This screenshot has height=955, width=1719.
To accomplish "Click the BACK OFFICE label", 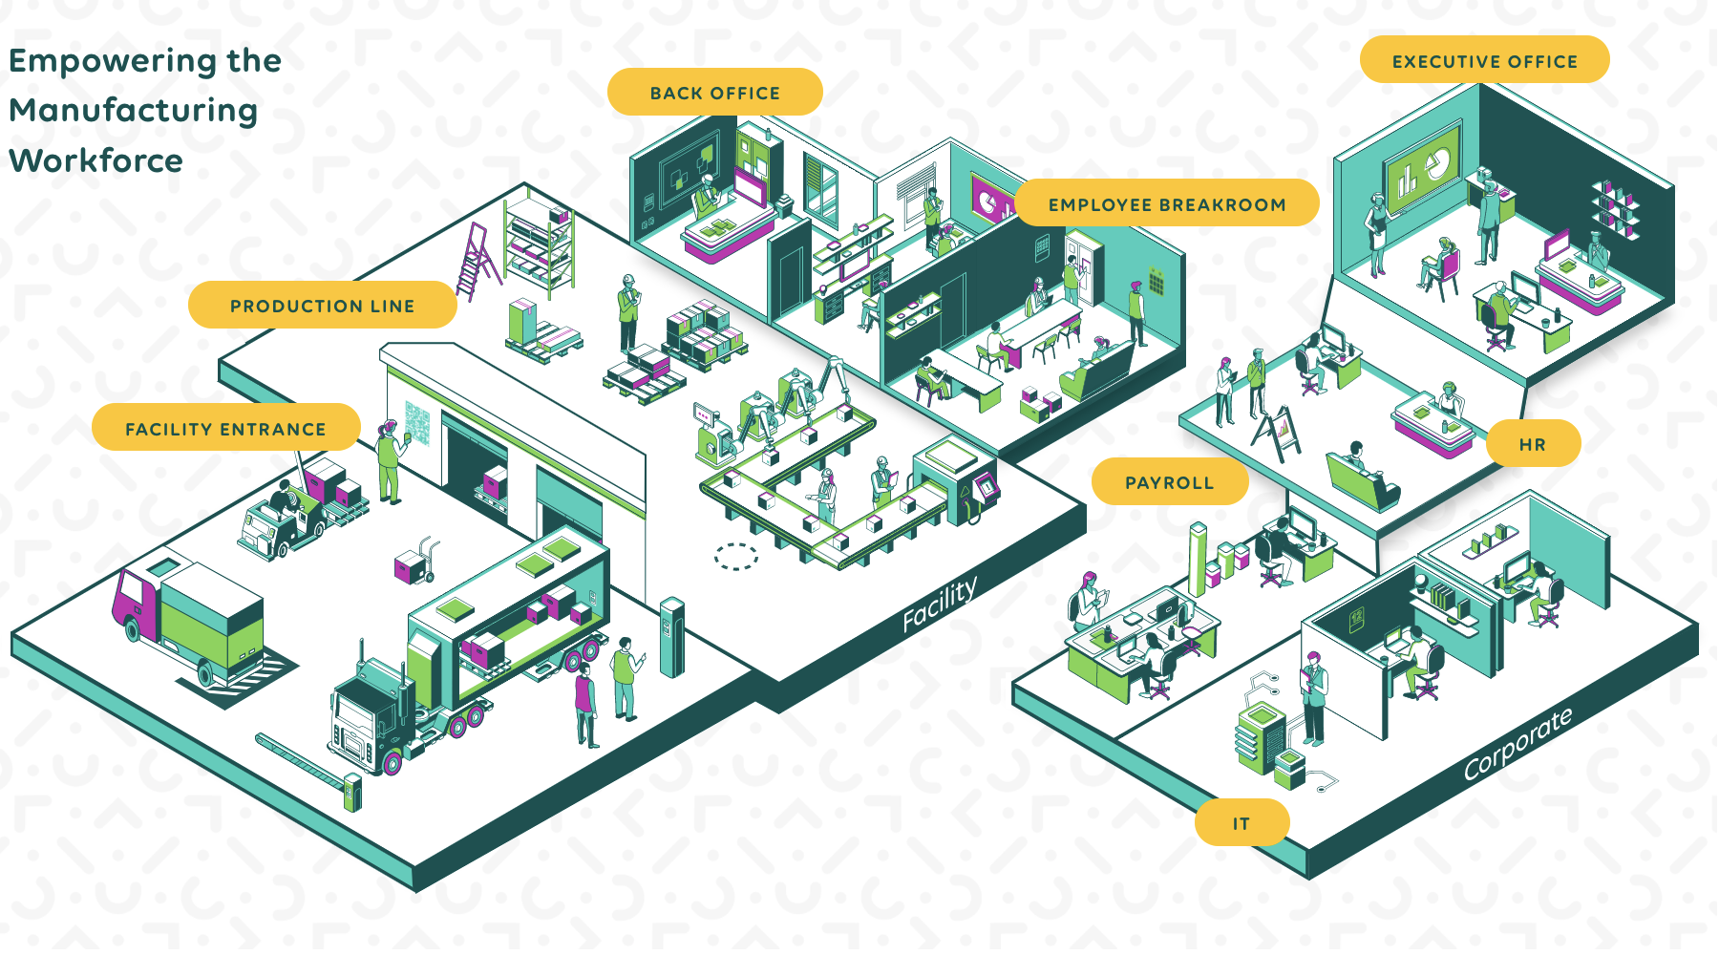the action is point(714,93).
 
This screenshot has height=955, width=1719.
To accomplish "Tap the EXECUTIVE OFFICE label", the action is point(1484,61).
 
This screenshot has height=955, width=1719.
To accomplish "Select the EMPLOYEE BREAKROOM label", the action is point(1166,204).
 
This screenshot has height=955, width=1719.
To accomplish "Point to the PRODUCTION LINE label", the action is point(322,306).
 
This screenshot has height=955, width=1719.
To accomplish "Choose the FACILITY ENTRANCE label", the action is point(225,429).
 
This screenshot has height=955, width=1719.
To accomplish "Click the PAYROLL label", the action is point(1169,482).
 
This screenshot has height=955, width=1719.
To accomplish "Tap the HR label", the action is point(1532,444).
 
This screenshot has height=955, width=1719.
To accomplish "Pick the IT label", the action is point(1241,823).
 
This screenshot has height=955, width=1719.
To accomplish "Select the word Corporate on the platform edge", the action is point(1517,745).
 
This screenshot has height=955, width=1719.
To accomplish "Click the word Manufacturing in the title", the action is point(134,111).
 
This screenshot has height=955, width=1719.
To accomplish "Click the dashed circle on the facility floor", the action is point(736,556).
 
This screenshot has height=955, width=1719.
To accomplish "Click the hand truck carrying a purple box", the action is point(416,563).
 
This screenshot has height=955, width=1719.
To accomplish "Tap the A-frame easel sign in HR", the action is point(1277,435).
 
